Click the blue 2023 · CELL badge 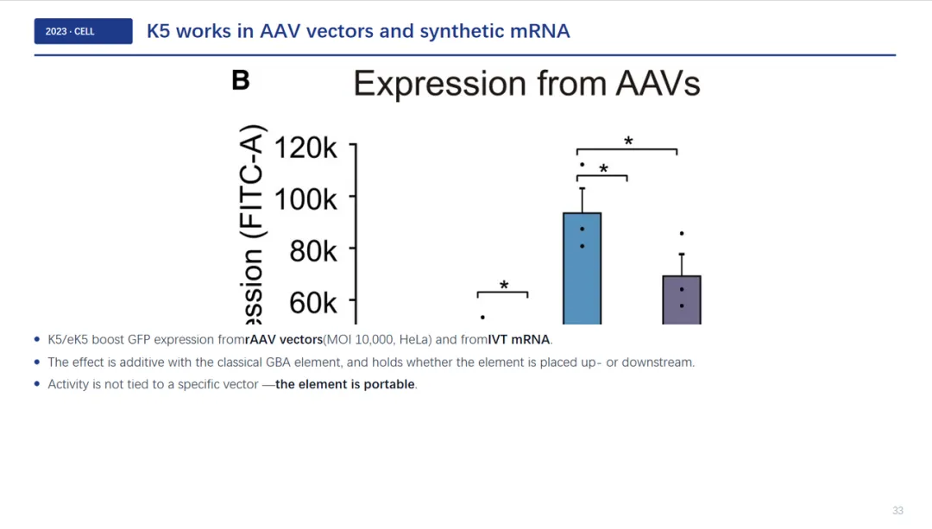point(83,31)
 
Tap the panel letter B point(241,80)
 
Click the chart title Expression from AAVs point(526,83)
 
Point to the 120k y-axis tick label point(305,148)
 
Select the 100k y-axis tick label point(305,199)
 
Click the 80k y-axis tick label point(313,251)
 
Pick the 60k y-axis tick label point(313,303)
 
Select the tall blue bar point(582,268)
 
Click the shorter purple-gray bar point(682,300)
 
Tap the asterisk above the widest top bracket point(628,142)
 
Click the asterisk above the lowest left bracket point(504,286)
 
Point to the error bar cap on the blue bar point(582,188)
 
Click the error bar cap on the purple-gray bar point(682,255)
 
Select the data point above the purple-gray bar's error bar point(682,234)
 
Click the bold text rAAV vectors point(284,339)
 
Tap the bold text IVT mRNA point(519,339)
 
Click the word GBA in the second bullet point(278,362)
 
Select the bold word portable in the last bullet point(389,384)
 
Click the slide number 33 point(897,511)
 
